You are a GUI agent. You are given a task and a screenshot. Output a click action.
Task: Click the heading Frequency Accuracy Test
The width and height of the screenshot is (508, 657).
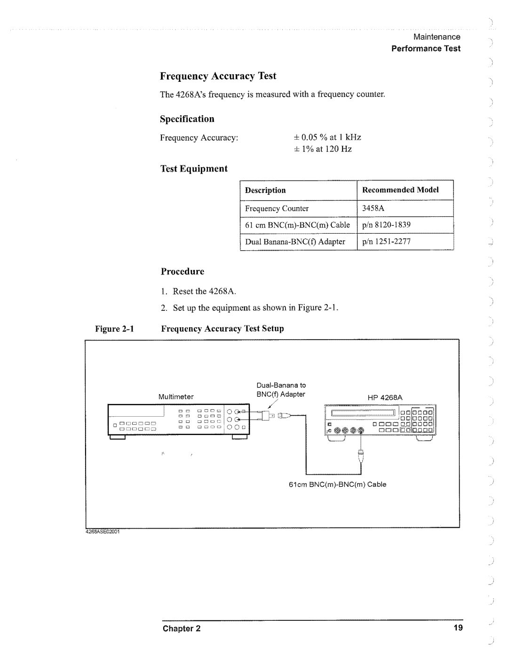(218, 76)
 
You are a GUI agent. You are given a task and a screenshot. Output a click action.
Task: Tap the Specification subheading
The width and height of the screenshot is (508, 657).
(187, 119)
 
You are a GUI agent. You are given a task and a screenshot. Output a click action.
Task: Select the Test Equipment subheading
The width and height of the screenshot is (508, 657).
(194, 169)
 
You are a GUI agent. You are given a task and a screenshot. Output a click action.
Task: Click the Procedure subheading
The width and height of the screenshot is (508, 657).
(183, 271)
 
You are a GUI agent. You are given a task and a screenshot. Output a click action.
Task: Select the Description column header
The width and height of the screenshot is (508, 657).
(265, 190)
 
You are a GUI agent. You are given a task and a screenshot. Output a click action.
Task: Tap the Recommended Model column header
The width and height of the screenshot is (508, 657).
(400, 190)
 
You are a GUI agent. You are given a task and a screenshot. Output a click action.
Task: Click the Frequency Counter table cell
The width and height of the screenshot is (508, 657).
(277, 208)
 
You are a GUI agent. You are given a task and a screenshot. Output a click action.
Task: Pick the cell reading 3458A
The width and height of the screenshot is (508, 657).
(373, 208)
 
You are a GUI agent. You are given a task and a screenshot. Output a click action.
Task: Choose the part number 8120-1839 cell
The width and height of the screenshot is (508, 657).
(386, 225)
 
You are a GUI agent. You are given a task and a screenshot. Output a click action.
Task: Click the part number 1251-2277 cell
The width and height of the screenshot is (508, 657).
(386, 242)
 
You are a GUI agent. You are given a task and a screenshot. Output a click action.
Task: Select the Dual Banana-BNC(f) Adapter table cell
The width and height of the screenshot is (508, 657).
(295, 242)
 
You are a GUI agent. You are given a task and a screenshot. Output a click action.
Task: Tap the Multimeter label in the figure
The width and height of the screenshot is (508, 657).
(176, 397)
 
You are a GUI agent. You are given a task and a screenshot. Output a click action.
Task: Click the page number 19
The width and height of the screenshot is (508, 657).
(459, 628)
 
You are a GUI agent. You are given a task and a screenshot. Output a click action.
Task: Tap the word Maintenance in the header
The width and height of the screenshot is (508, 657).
(437, 37)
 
